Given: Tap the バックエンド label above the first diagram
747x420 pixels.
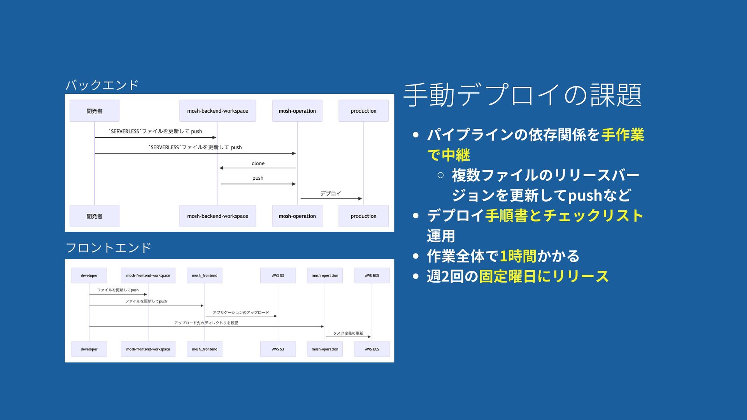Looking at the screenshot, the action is pos(102,85).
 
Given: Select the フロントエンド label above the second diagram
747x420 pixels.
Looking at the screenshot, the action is pos(108,247).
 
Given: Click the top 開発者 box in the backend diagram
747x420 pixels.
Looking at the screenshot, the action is pos(95,111).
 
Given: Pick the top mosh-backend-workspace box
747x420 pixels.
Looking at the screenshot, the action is pos(217,111).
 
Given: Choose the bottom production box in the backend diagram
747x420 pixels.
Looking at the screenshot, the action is pos(363,216).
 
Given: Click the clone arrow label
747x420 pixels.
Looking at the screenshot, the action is pos(258,163).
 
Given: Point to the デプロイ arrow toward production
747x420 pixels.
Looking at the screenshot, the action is pos(331,198).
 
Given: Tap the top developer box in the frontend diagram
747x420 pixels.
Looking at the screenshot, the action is pos(89,275).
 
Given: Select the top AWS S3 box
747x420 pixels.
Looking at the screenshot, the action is pos(278,275).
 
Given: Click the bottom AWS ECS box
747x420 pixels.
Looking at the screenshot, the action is pos(372,349).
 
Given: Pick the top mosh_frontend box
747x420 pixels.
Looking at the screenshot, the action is pos(205,275).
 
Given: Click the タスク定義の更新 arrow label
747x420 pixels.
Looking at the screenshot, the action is pos(348,333).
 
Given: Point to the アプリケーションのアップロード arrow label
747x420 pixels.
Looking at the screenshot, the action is pos(241,312).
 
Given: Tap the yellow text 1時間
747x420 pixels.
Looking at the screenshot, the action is pos(518,256).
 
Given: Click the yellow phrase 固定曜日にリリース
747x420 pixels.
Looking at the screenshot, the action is pos(544,276).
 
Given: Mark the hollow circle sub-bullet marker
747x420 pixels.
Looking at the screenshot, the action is pos(440,175).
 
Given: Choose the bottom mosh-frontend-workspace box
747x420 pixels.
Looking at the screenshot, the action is pos(148,349).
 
